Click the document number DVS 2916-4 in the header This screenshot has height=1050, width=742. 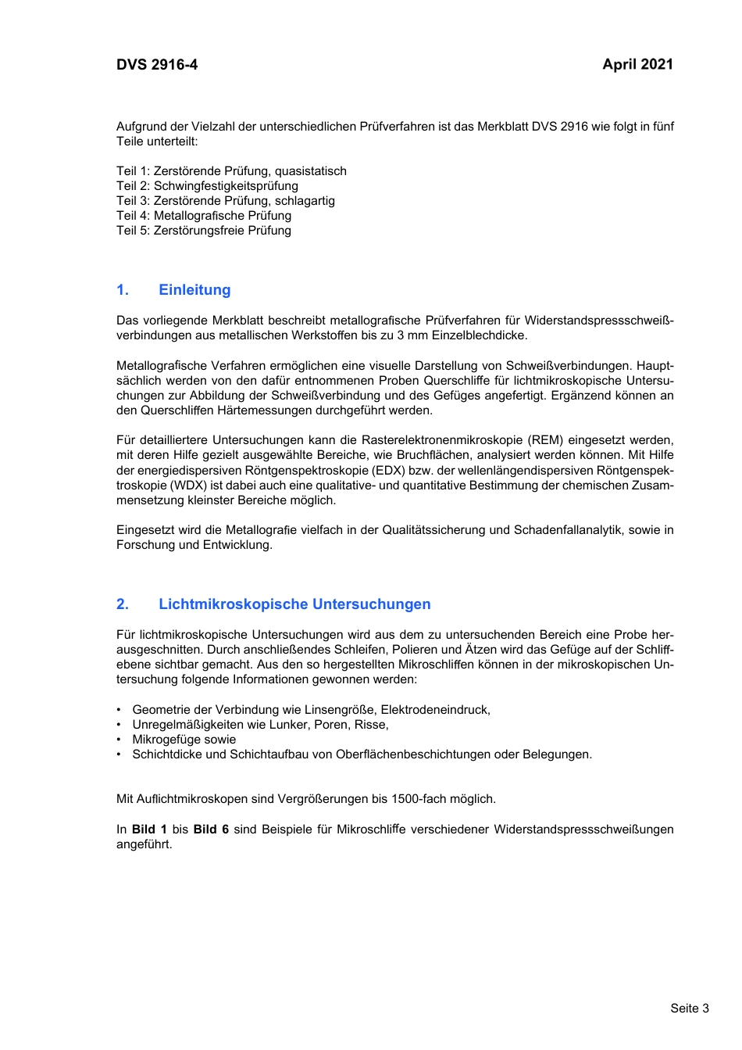[x=157, y=65]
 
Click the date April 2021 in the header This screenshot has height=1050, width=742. [x=637, y=65]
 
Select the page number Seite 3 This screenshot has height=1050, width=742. [x=689, y=1008]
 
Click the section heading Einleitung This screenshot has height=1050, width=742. [x=194, y=290]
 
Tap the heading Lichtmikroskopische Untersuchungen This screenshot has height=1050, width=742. [x=294, y=604]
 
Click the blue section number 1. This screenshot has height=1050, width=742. [x=123, y=290]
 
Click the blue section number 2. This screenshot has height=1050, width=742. [x=123, y=604]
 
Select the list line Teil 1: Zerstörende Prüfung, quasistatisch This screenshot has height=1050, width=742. [x=231, y=171]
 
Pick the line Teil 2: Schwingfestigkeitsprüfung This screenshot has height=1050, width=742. [x=207, y=186]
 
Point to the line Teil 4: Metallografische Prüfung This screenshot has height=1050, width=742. [x=204, y=216]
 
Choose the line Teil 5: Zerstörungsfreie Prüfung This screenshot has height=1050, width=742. [x=204, y=231]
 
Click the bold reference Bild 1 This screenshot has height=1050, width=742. [x=149, y=830]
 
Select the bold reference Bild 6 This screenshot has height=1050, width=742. [x=211, y=830]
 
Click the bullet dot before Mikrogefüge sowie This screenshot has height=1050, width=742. [x=119, y=740]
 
